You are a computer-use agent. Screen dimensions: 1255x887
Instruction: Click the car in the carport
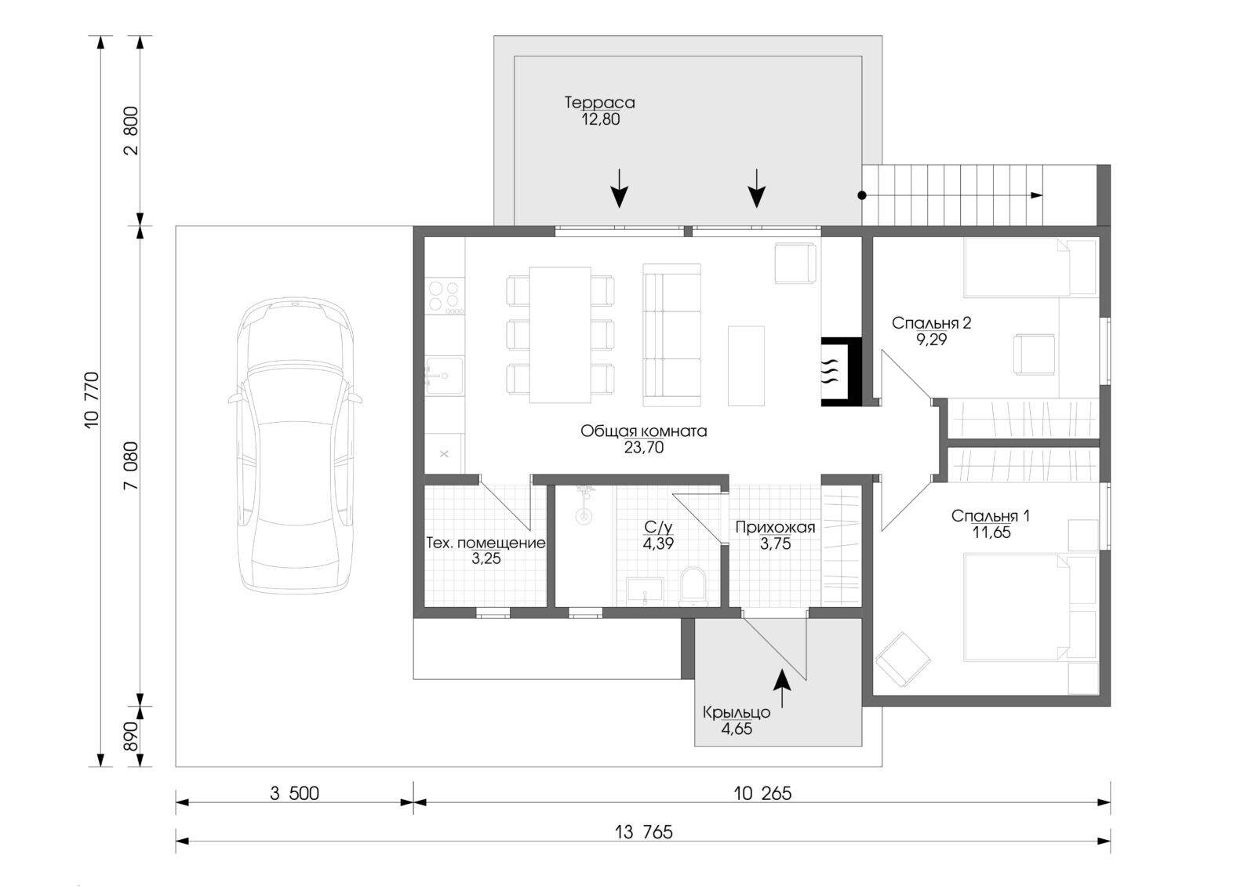[x=295, y=445]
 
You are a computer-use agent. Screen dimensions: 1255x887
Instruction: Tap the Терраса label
[x=599, y=103]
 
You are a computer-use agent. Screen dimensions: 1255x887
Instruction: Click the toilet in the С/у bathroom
[x=693, y=586]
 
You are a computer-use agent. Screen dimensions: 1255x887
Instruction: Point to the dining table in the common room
[x=560, y=335]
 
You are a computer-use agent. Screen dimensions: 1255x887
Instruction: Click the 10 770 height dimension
[x=92, y=400]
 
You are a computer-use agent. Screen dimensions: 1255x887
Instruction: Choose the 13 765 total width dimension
[x=643, y=833]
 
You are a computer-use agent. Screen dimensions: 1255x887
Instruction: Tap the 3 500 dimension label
[x=294, y=794]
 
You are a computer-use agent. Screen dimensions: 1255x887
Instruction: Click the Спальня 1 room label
[x=990, y=516]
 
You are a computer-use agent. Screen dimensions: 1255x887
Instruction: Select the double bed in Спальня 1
[x=1030, y=607]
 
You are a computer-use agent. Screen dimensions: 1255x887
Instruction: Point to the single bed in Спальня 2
[x=1030, y=267]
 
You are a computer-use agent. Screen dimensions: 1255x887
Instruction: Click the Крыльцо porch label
[x=737, y=713]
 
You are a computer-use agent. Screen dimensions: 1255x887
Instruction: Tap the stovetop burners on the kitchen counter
[x=444, y=296]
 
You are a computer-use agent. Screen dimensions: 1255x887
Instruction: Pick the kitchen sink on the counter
[x=444, y=376]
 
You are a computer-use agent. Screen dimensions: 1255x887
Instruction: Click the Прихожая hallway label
[x=775, y=527]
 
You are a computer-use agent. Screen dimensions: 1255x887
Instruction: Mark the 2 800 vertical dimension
[x=130, y=130]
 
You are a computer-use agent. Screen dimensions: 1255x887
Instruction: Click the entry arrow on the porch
[x=782, y=689]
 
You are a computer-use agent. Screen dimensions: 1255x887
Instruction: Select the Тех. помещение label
[x=486, y=543]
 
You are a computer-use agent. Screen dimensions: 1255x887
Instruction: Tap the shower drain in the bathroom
[x=584, y=517]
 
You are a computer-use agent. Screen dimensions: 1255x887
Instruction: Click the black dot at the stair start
[x=862, y=195]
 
